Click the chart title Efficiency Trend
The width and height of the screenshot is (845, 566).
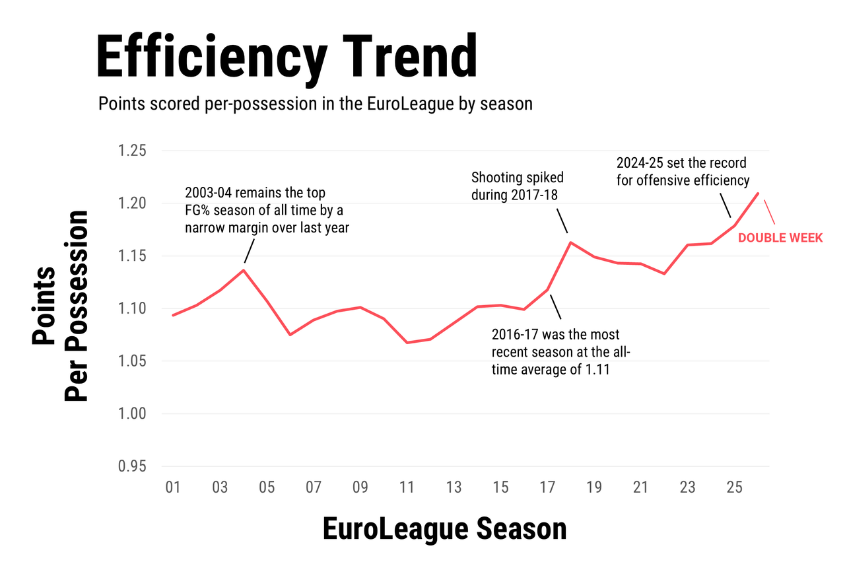point(287,57)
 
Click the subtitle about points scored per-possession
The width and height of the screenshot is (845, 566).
point(315,104)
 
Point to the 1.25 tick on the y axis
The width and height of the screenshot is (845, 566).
point(131,151)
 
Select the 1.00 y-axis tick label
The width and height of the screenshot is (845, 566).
point(131,414)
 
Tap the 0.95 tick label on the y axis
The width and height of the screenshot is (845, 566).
point(131,467)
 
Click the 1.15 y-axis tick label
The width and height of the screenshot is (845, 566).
point(131,256)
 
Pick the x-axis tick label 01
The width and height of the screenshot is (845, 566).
point(173,488)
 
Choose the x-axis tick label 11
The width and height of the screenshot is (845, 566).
point(407,488)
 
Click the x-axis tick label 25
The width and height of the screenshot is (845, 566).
point(734,488)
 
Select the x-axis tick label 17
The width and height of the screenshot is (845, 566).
point(547,488)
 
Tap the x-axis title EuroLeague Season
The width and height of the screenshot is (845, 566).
point(444,530)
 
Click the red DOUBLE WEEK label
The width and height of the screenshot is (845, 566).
point(780,238)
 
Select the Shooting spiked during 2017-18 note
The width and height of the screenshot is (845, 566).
point(518,186)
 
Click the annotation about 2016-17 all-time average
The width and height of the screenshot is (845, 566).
point(560,353)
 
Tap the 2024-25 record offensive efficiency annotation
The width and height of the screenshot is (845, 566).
point(683,171)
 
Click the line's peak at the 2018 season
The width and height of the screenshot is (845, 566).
point(570,242)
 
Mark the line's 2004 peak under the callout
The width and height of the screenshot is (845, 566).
point(244,269)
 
